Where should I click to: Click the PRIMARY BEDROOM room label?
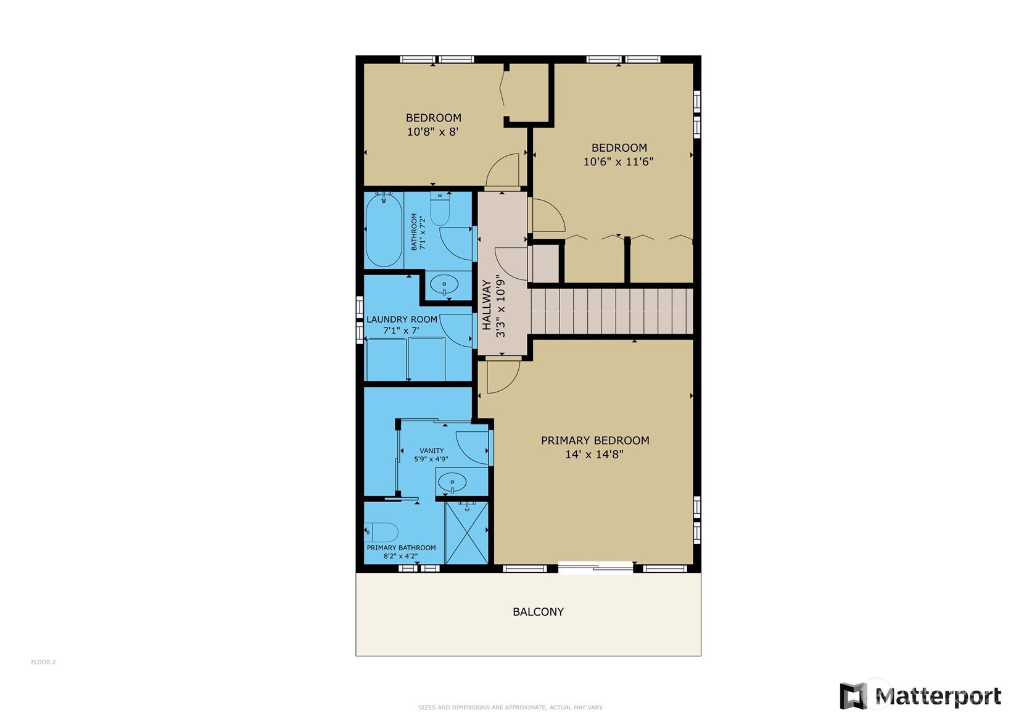click(x=595, y=440)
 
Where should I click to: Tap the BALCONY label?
click(x=538, y=611)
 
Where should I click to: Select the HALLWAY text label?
click(x=487, y=305)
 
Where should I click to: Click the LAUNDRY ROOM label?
click(x=402, y=320)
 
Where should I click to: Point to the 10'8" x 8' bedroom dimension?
click(x=432, y=132)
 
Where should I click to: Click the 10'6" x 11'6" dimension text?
click(x=618, y=162)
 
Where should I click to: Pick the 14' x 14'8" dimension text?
click(x=594, y=454)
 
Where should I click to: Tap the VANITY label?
click(x=431, y=450)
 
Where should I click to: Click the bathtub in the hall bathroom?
click(x=384, y=230)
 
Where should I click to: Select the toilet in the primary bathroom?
click(x=381, y=532)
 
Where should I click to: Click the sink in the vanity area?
click(x=452, y=482)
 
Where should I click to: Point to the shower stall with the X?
click(x=467, y=532)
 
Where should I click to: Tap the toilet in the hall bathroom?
click(x=439, y=209)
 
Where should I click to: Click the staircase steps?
click(x=613, y=311)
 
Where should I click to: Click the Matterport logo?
click(x=920, y=696)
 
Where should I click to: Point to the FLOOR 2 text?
click(x=44, y=662)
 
